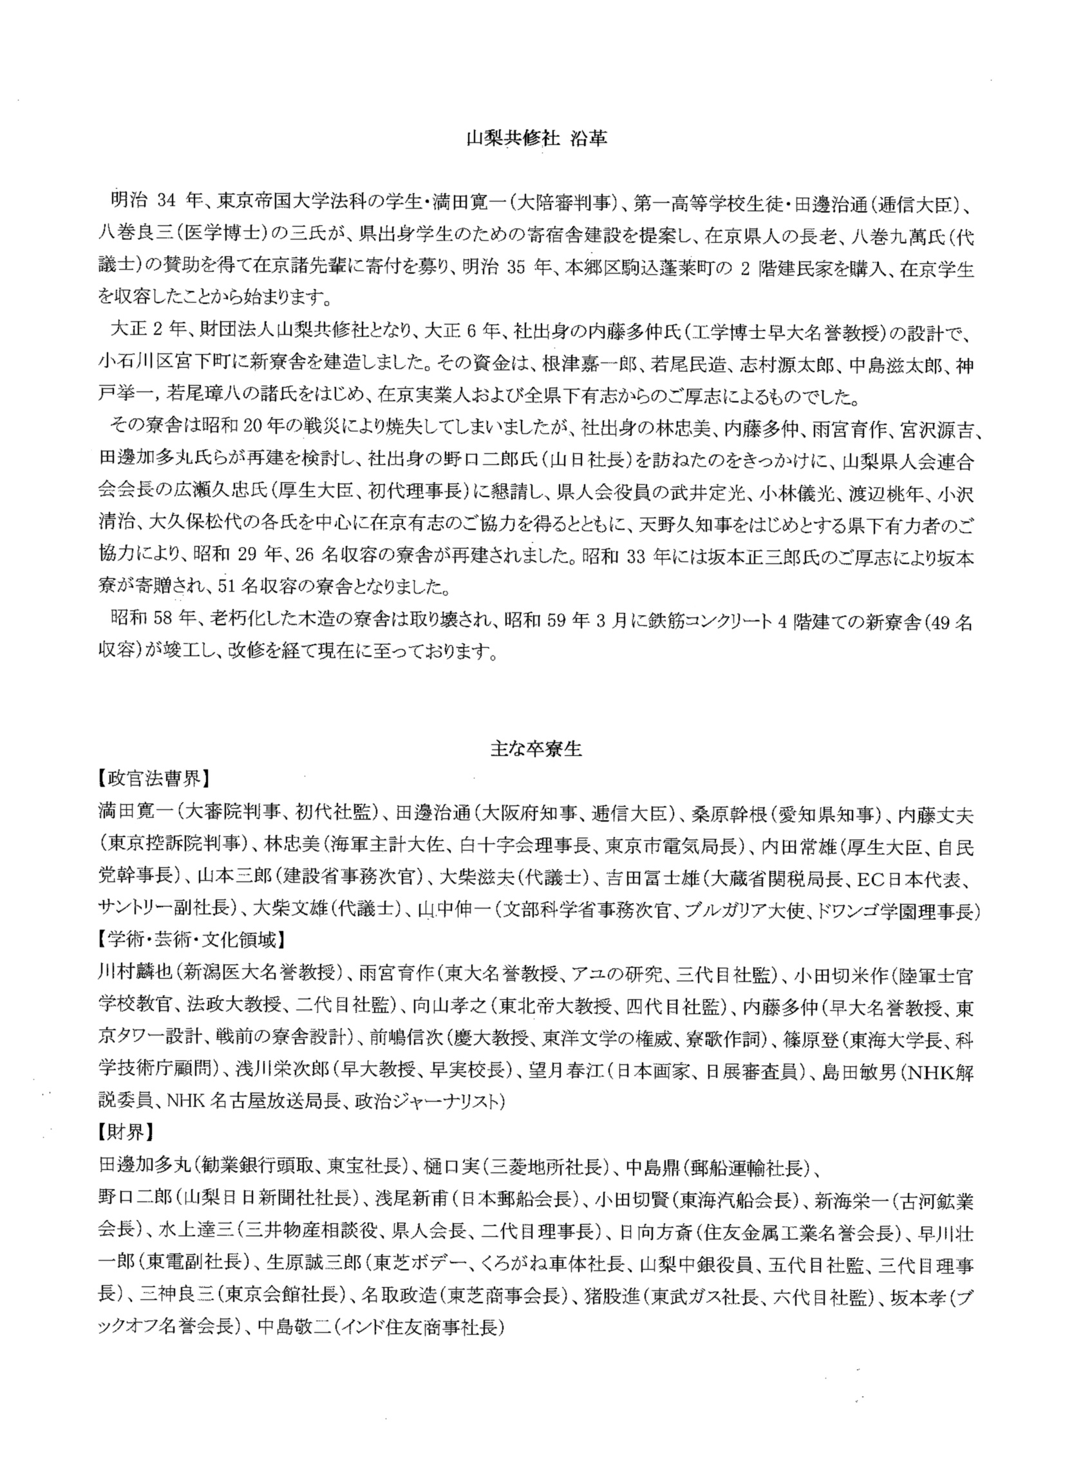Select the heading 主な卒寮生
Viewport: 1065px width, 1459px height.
(x=536, y=749)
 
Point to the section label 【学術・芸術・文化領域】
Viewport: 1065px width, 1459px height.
(x=191, y=940)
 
